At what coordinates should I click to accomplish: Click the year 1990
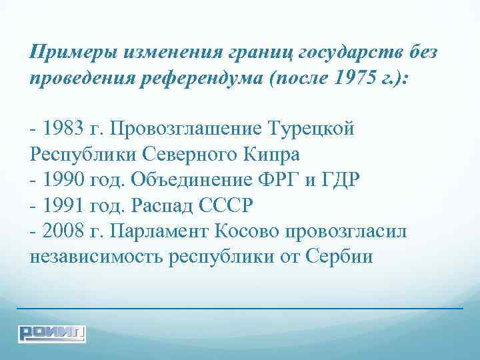point(61,180)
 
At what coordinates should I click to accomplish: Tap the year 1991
point(61,205)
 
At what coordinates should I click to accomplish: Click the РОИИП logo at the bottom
point(52,332)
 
